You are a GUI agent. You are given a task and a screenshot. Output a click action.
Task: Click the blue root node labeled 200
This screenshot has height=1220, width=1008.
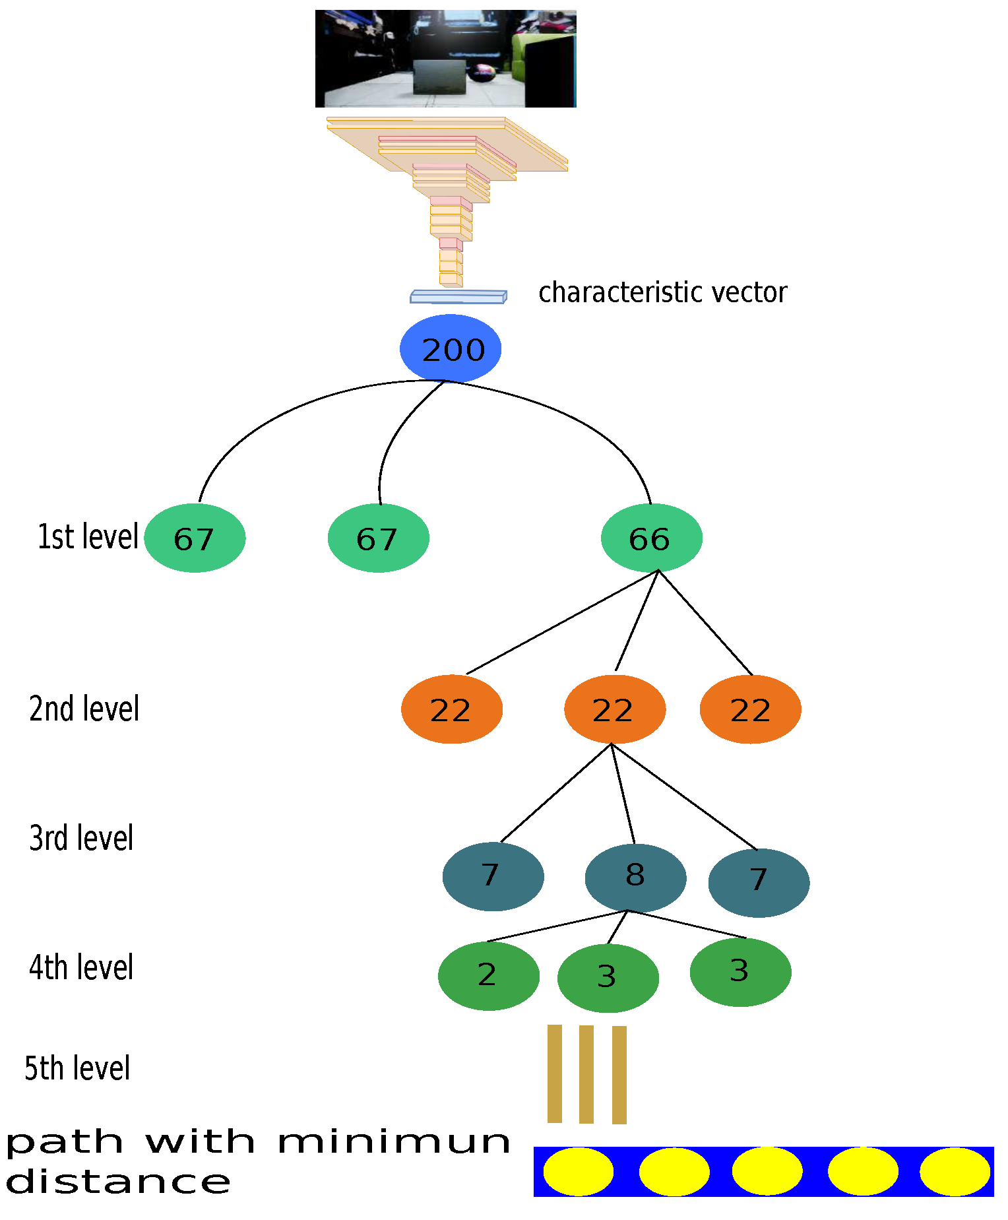point(451,348)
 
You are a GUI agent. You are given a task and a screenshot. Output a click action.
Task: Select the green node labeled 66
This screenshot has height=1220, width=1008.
point(651,538)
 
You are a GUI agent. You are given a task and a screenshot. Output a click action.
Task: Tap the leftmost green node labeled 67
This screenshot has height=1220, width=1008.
point(195,538)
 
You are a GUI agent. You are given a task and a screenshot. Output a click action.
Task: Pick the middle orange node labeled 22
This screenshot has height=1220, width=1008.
point(614,709)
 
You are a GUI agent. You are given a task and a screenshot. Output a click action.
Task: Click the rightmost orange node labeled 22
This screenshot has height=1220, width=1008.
point(750,709)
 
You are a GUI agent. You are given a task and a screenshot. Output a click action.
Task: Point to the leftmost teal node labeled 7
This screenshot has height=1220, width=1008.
point(493,876)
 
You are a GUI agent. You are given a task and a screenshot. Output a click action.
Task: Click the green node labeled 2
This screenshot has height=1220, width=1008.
point(488,976)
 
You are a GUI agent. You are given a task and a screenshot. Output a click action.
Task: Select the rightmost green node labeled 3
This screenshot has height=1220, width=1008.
point(740,972)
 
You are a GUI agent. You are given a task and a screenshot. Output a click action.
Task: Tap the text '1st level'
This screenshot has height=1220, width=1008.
point(88,536)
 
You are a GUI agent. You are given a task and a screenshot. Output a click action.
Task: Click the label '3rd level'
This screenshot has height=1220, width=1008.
point(81,838)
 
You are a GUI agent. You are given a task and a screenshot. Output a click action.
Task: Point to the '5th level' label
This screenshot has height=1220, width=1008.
point(77,1068)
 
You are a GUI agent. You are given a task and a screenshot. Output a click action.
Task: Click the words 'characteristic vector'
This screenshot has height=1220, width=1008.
point(662,292)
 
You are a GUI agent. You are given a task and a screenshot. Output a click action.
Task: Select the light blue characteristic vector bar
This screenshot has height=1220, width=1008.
point(458,297)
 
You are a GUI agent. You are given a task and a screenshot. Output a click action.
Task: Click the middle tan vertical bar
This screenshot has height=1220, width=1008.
point(586,1074)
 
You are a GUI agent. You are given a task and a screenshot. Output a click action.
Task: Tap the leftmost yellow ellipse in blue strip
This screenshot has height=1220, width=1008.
point(578,1171)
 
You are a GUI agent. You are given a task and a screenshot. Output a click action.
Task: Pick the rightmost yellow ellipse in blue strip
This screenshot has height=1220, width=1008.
point(954,1171)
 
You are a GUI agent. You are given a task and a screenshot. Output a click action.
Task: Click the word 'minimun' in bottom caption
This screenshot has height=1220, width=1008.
point(394,1142)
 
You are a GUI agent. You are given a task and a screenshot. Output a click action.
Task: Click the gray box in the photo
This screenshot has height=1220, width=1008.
point(440,77)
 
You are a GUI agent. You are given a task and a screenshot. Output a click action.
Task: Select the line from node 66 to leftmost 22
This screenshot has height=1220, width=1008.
point(561,623)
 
